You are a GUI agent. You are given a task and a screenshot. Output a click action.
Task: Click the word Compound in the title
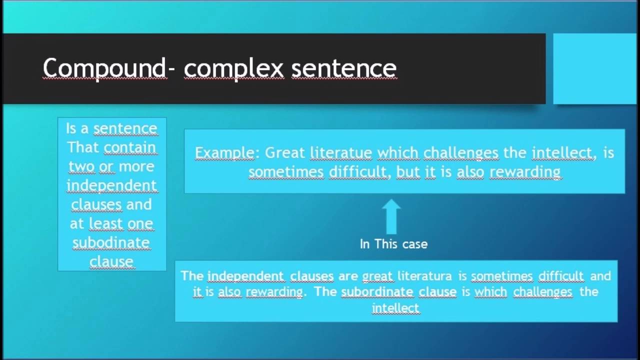pos(104,68)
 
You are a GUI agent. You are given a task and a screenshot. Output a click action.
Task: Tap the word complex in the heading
pos(233,69)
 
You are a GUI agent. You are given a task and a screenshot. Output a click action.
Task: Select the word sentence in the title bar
pos(344,68)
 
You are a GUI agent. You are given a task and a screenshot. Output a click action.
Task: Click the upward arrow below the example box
pos(391,216)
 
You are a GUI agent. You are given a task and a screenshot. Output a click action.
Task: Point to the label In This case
pos(393,244)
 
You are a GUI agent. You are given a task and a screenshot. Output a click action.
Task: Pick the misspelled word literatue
pos(341,152)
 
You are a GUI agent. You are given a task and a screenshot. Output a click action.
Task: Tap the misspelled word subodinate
pos(111,242)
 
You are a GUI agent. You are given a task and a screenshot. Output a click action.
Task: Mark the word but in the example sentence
pos(407,172)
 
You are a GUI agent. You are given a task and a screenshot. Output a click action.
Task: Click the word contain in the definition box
pos(130,147)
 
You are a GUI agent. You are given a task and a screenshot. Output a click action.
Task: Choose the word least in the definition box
pos(105,223)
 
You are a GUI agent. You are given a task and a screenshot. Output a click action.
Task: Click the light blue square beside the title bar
pos(594,68)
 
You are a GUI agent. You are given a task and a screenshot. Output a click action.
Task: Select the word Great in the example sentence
pos(285,152)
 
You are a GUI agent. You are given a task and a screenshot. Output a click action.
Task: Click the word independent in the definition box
pos(111,185)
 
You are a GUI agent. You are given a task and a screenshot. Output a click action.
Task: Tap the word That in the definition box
pos(83,147)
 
